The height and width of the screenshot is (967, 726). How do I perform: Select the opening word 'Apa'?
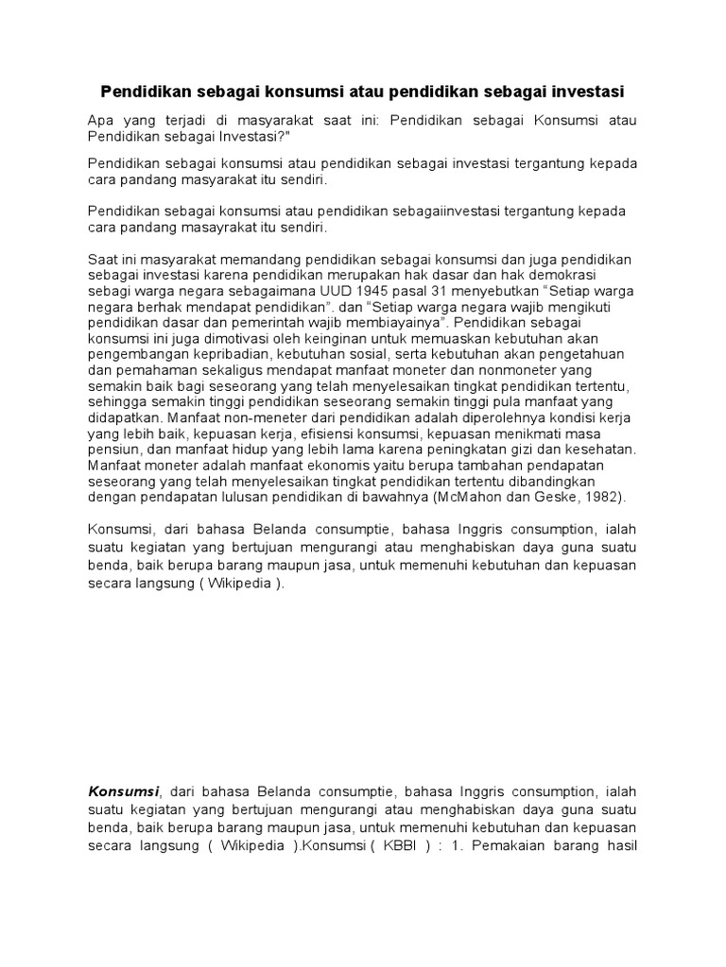pyautogui.click(x=100, y=121)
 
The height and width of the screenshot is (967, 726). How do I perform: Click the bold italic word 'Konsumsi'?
pyautogui.click(x=123, y=790)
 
